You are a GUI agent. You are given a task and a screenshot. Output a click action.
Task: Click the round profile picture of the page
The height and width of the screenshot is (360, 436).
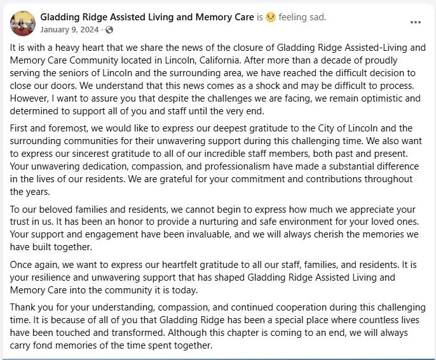tap(23, 23)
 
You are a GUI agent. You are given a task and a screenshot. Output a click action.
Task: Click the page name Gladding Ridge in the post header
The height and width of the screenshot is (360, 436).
tap(147, 17)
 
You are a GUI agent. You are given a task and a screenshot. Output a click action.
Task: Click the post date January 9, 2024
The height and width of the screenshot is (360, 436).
tap(69, 29)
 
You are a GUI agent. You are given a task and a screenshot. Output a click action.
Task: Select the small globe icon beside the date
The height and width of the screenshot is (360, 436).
tap(109, 30)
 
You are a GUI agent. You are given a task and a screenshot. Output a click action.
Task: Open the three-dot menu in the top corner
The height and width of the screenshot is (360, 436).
tap(416, 22)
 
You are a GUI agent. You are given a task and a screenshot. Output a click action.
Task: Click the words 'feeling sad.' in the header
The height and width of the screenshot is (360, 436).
tap(303, 17)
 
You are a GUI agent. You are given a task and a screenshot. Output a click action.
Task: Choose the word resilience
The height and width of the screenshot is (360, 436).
tap(53, 277)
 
